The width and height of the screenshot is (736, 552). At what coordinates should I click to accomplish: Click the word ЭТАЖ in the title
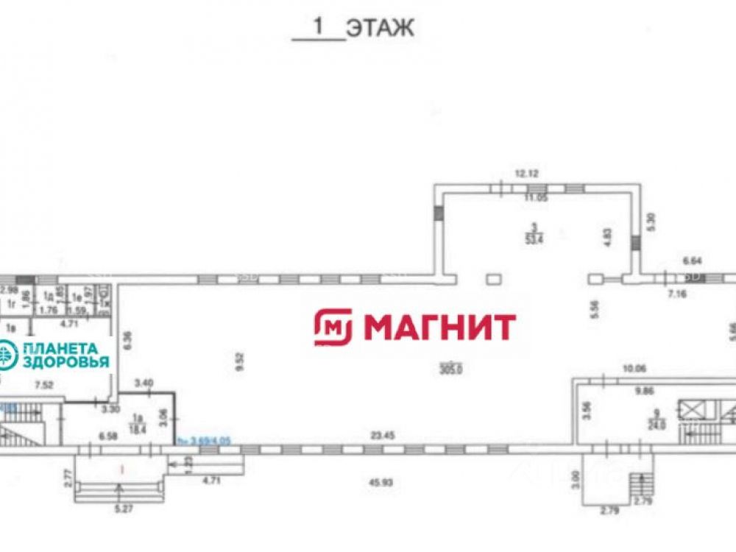point(381,28)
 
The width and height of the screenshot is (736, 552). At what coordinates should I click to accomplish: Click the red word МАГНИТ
point(439,327)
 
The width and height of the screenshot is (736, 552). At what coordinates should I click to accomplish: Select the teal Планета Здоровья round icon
point(7,355)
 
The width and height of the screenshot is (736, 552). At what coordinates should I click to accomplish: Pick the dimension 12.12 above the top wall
point(526,174)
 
